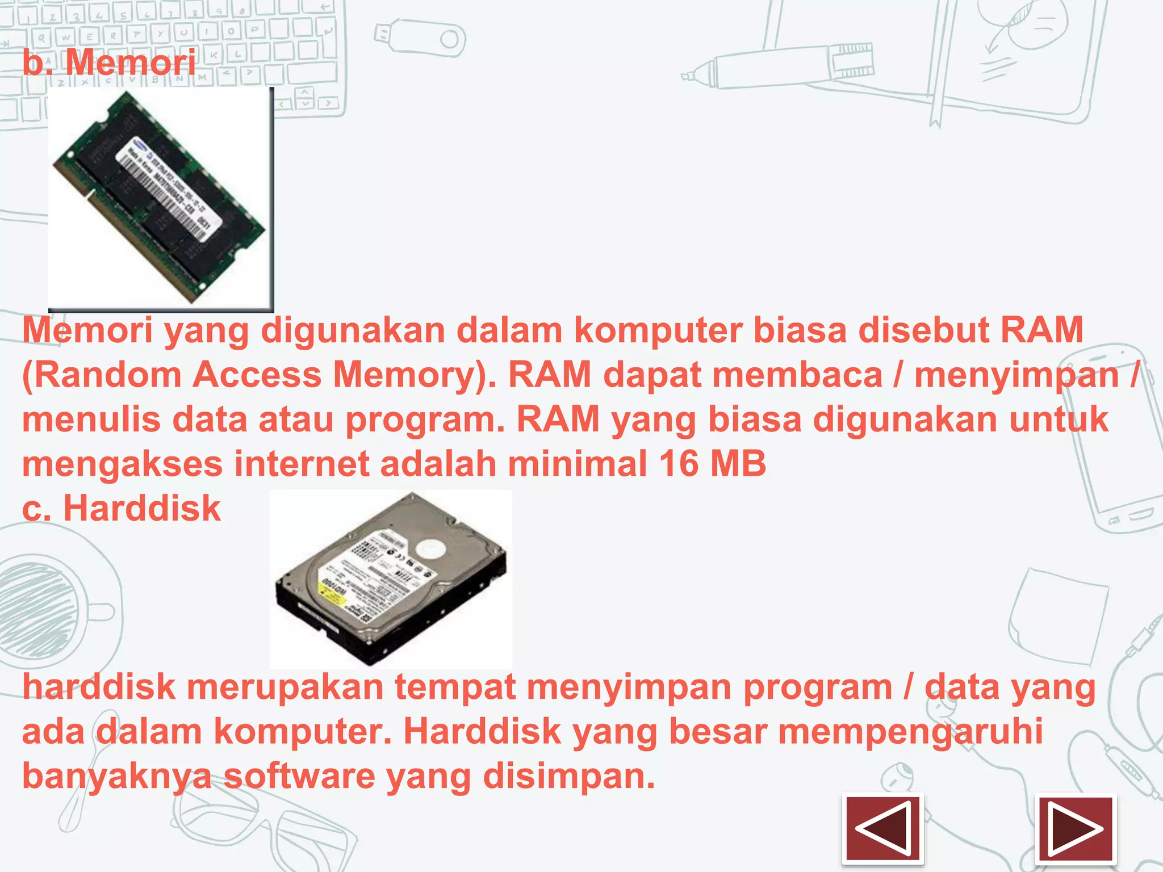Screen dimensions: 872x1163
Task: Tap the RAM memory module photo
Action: [x=161, y=199]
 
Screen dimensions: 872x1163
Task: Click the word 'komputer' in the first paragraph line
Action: [x=658, y=330]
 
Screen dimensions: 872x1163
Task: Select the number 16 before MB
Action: [x=679, y=464]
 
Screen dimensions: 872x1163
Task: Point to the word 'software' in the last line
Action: [x=299, y=776]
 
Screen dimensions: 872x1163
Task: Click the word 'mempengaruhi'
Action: [x=910, y=731]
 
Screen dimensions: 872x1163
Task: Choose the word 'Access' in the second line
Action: [x=257, y=375]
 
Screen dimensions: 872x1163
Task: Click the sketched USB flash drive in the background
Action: [x=420, y=39]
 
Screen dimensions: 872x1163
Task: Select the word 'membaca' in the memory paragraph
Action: [x=797, y=375]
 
